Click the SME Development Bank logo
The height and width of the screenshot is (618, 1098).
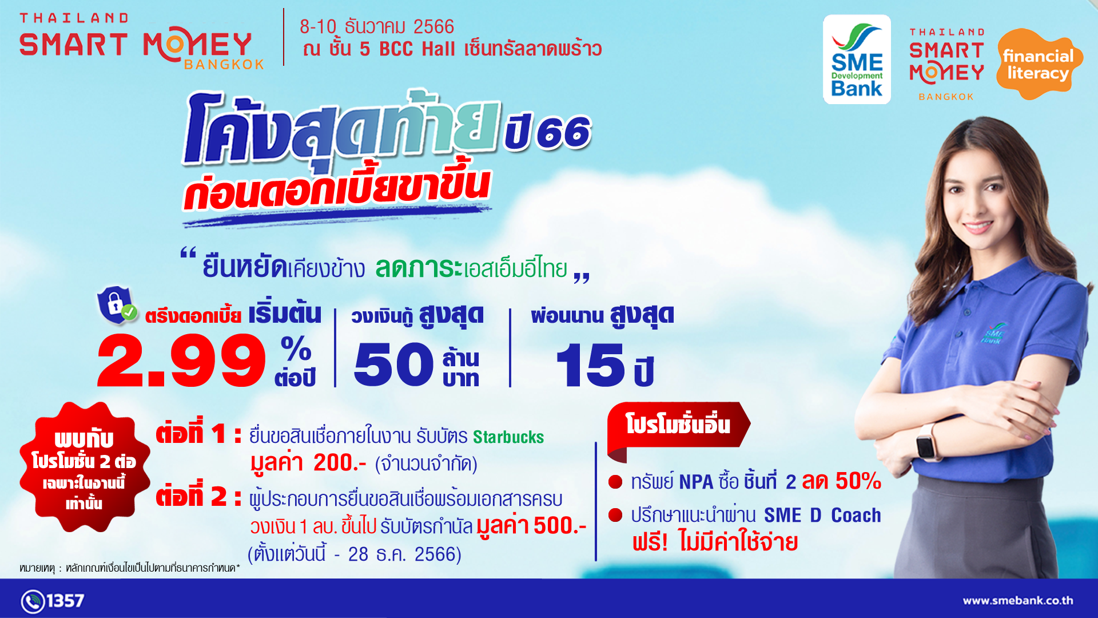pos(857,60)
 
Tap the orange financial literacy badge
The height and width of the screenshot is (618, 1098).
pos(1039,64)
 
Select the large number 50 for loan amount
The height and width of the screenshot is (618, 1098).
pos(394,365)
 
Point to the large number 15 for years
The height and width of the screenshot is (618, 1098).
pos(590,365)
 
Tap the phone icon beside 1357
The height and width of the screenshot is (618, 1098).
pos(33,601)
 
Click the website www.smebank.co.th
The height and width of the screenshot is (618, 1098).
pos(1018,601)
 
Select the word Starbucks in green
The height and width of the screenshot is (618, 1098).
pos(508,437)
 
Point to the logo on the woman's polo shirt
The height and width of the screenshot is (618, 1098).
pos(993,334)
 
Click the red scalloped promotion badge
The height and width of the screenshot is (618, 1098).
pos(85,467)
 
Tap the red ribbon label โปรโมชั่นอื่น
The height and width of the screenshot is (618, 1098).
pos(678,426)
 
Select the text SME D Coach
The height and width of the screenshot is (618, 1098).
pos(822,516)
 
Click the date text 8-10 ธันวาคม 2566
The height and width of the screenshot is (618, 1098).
pos(377,27)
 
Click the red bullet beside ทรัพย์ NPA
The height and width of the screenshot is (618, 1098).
pos(615,482)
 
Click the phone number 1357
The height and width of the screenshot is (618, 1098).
pos(65,601)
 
